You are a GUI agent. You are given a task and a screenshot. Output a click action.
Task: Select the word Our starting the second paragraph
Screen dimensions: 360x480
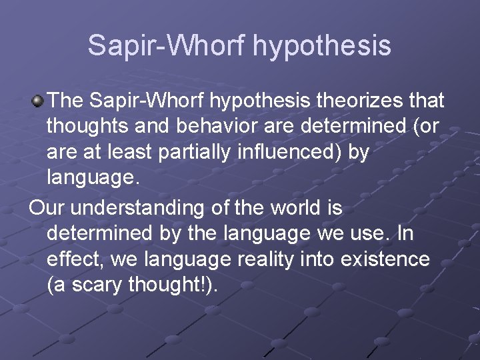click(x=47, y=208)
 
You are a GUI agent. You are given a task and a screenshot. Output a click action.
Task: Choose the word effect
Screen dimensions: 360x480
click(x=75, y=259)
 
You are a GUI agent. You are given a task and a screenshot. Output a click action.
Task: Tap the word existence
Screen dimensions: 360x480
click(x=384, y=259)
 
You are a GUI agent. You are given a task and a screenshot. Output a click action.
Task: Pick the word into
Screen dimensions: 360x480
click(x=316, y=259)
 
